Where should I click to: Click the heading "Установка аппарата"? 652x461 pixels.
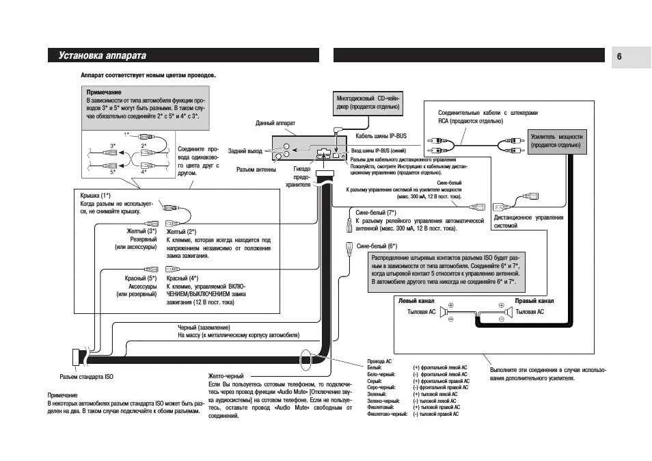103,55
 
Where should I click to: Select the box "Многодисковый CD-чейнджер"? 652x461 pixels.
368,103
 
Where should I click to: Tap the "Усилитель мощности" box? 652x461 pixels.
556,141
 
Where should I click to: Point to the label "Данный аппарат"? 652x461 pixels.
275,123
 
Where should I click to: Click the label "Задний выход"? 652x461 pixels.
245,150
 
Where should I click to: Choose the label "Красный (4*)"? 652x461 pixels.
182,278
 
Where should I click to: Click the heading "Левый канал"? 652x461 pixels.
416,300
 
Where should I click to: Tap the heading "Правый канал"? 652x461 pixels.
534,300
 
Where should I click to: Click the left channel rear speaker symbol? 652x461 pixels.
445,312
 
